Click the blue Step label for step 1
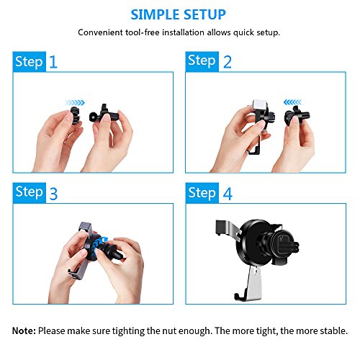click(30, 62)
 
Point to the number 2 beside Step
click(228, 62)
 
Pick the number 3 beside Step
click(53, 194)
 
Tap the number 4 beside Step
click(228, 194)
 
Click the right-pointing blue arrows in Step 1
click(75, 103)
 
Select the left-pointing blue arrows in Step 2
click(292, 102)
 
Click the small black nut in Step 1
click(76, 115)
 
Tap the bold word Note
click(24, 330)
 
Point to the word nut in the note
click(169, 331)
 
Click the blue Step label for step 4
click(202, 193)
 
